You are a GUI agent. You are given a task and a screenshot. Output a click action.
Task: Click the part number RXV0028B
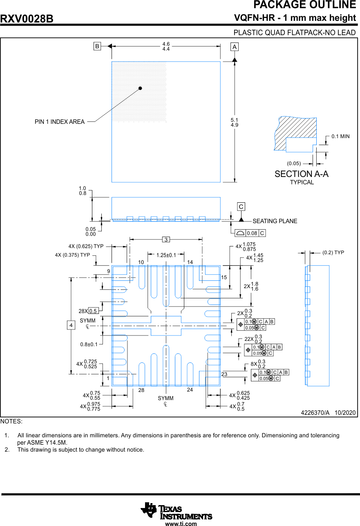pyautogui.click(x=27, y=19)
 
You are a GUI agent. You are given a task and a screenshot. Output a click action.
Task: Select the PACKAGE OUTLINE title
pyautogui.click(x=304, y=5)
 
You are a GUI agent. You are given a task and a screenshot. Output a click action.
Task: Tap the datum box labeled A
pyautogui.click(x=235, y=47)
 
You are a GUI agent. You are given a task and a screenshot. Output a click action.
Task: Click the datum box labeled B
pyautogui.click(x=97, y=46)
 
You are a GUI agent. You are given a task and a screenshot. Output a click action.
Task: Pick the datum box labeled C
pyautogui.click(x=241, y=207)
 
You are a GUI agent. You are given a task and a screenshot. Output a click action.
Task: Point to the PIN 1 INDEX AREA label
pyautogui.click(x=60, y=121)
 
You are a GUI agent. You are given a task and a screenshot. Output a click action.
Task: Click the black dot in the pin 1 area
pyautogui.click(x=140, y=88)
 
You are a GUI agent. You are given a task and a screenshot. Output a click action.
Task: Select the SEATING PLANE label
pyautogui.click(x=275, y=221)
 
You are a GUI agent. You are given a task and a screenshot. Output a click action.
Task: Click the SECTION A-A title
pyautogui.click(x=302, y=174)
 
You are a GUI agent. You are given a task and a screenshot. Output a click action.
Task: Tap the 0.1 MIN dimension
pyautogui.click(x=340, y=136)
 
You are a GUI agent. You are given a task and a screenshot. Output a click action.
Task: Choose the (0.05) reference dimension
pyautogui.click(x=294, y=163)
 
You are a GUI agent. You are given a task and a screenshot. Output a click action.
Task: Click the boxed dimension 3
pyautogui.click(x=166, y=239)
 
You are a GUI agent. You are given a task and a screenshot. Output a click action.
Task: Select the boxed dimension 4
pyautogui.click(x=71, y=325)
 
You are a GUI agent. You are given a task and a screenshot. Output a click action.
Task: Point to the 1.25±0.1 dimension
pyautogui.click(x=166, y=255)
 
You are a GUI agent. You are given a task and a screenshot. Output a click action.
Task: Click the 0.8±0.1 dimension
pyautogui.click(x=89, y=344)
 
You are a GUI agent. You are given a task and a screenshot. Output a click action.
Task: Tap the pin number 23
pyautogui.click(x=224, y=374)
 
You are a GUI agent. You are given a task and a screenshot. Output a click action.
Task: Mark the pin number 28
pyautogui.click(x=141, y=390)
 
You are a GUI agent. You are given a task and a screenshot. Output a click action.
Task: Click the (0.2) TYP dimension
pyautogui.click(x=333, y=253)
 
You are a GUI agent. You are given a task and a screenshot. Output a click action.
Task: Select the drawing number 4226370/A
pyautogui.click(x=315, y=413)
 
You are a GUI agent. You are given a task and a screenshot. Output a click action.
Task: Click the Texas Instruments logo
pyautogui.click(x=177, y=511)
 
